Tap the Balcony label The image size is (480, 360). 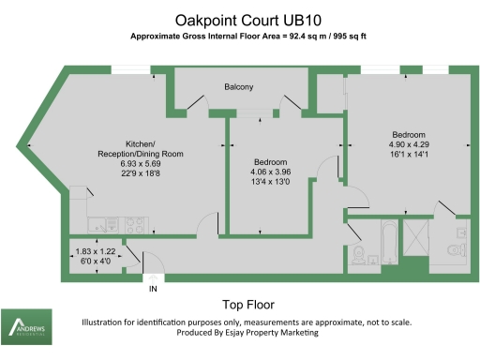pyautogui.click(x=239, y=87)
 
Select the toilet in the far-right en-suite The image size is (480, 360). pyautogui.click(x=456, y=249)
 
